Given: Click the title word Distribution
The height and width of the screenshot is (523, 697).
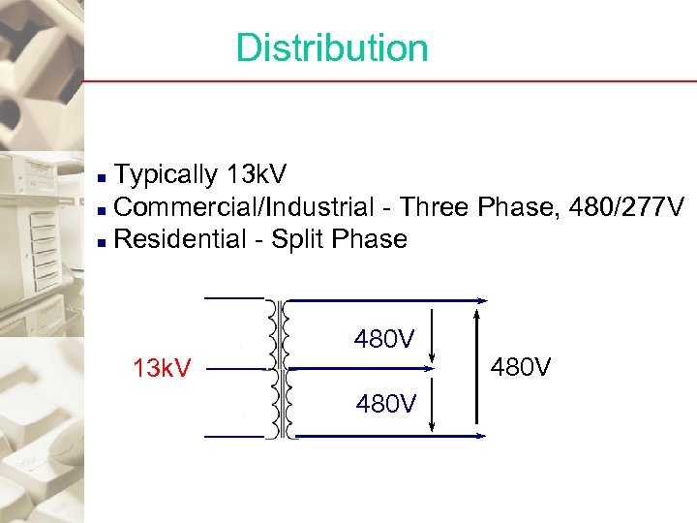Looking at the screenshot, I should click(x=331, y=47).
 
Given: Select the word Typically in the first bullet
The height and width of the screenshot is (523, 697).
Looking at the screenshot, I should click(x=166, y=175).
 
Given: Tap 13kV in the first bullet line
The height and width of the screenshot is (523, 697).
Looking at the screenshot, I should click(x=255, y=174).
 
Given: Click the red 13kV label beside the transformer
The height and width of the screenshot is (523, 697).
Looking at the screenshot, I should click(x=162, y=369).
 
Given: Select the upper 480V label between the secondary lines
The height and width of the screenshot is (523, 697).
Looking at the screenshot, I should click(x=384, y=340).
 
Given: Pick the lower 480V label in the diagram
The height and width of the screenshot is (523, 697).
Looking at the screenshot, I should click(x=384, y=404).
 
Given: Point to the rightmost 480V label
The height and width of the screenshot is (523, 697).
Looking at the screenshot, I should click(x=522, y=368).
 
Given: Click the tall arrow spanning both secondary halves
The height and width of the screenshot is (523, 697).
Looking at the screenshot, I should click(x=476, y=368).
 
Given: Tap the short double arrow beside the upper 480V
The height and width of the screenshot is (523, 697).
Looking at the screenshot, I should click(x=431, y=334).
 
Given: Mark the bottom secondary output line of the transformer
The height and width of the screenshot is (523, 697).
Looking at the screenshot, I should click(x=387, y=437).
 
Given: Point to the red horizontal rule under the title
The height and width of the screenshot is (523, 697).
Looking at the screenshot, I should click(x=387, y=81).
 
